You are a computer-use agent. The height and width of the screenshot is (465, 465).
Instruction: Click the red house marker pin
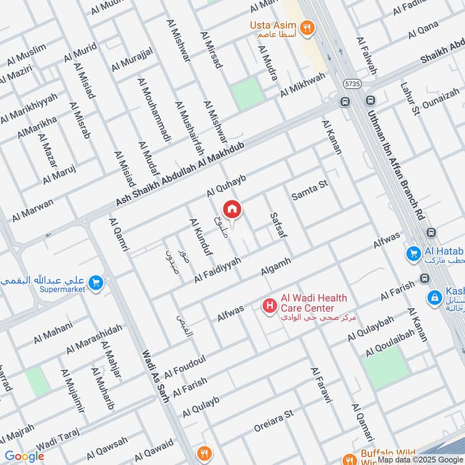pos(231,209)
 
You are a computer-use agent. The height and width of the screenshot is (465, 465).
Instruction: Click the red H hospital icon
pos(270,304)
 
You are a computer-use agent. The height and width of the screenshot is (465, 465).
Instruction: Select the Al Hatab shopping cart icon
pos(414,253)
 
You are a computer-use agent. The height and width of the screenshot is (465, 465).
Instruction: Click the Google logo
pos(24,456)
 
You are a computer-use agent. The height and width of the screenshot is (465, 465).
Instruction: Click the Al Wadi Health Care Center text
pos(314,303)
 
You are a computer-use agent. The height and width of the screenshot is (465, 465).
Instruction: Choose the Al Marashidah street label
pos(94,339)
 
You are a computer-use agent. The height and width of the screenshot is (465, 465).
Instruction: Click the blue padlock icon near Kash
pos(433,298)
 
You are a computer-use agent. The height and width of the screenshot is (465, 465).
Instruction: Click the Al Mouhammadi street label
pos(155,109)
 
